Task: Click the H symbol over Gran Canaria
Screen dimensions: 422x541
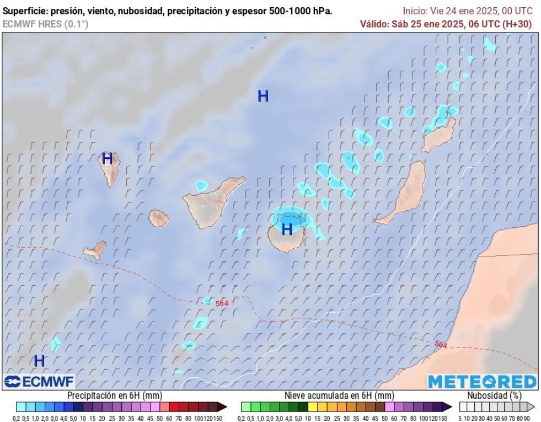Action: point(287,229)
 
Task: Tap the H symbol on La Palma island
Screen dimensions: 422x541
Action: point(107,159)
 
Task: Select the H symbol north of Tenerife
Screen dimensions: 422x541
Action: point(263,96)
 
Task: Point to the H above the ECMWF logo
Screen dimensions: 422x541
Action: point(39,361)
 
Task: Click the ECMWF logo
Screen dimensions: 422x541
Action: point(39,381)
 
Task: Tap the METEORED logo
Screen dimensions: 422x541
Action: point(481,381)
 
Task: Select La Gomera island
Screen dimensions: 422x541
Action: point(158,217)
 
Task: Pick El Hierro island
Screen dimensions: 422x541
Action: point(95,250)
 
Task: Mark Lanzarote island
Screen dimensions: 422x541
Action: point(440,135)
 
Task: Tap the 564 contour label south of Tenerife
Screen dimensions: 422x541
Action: point(222,303)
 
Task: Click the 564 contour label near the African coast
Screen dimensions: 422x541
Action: point(441,345)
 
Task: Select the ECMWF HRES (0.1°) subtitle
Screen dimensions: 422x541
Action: point(45,24)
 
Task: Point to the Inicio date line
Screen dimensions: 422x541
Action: point(468,11)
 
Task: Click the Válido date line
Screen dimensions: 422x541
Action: point(446,24)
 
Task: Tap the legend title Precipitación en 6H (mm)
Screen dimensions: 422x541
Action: point(115,396)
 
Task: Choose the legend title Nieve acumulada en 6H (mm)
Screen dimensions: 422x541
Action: point(339,396)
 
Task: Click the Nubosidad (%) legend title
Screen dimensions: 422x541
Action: point(494,396)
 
